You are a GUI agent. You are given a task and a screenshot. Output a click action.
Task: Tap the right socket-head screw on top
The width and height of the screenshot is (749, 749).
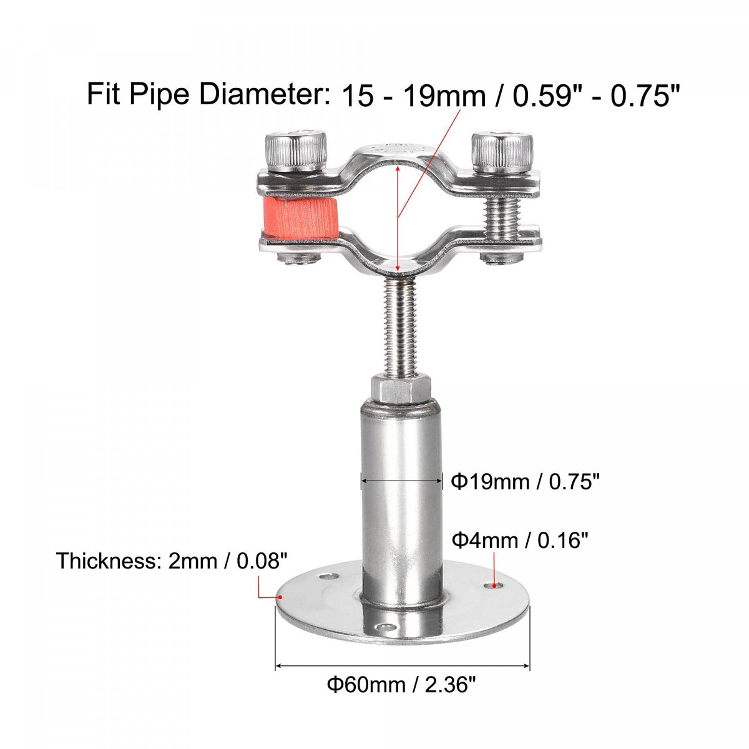pos(502,154)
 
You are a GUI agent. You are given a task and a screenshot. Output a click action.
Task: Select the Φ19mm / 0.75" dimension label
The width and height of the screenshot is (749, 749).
pos(525,482)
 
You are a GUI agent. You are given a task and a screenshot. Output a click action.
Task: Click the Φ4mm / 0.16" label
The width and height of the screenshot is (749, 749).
pos(519,541)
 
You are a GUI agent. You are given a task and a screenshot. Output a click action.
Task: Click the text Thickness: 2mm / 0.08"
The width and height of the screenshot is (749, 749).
pos(172,561)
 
